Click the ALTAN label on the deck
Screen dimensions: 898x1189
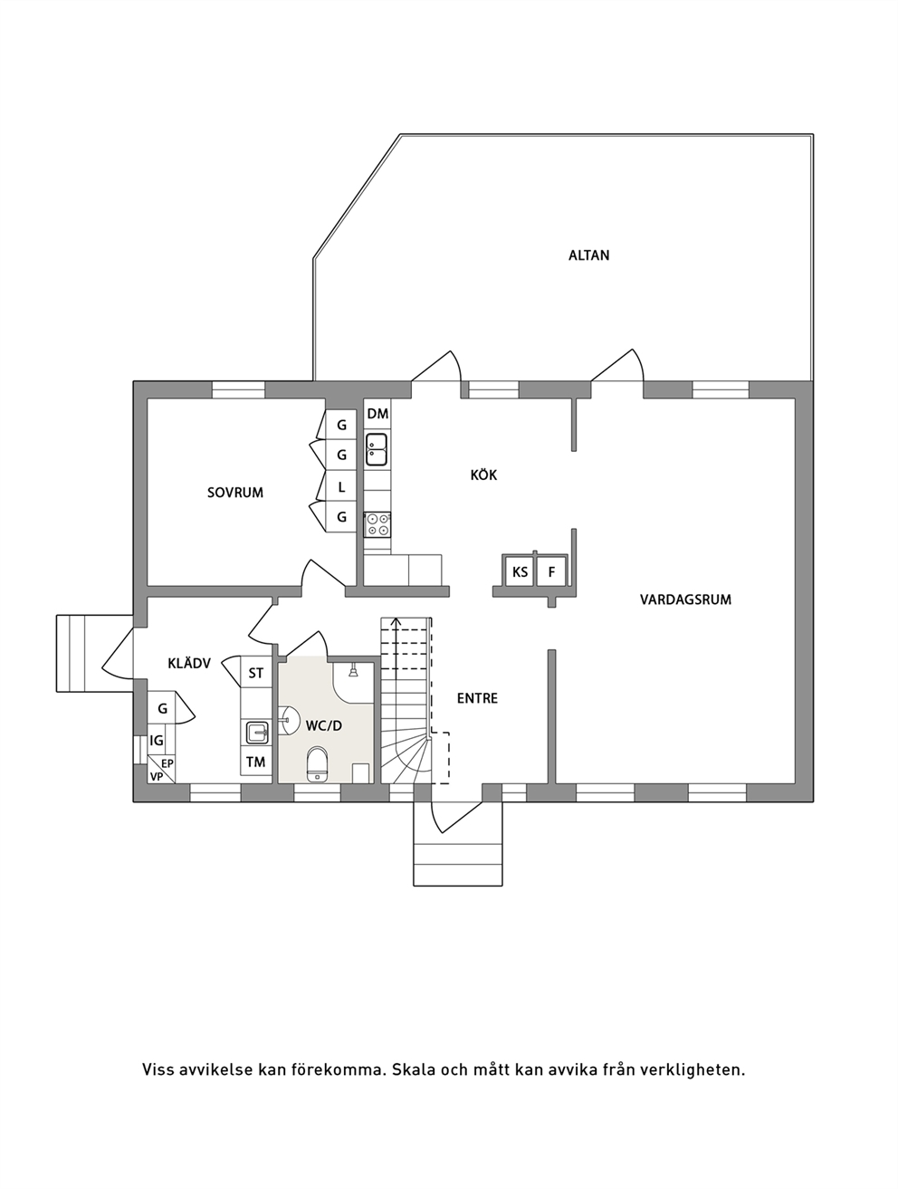tap(588, 255)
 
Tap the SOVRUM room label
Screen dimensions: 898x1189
tap(235, 493)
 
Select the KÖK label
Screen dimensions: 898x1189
tap(483, 475)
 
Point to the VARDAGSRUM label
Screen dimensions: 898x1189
tap(685, 599)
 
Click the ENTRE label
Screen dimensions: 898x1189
tap(477, 698)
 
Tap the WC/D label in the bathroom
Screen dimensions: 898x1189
tap(324, 726)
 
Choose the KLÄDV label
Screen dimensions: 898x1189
tap(189, 663)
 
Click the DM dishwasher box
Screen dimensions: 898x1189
tap(377, 414)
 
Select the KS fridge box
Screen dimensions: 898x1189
tap(520, 571)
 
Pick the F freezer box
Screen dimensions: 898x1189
tap(551, 571)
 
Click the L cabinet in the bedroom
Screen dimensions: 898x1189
tap(341, 487)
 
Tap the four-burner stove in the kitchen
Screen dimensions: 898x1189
tap(377, 524)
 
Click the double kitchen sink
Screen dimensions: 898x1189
tap(377, 449)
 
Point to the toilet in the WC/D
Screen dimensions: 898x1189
tap(317, 763)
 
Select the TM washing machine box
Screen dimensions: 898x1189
tap(255, 762)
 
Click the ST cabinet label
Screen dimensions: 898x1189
tap(255, 674)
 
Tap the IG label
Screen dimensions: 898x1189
tap(157, 740)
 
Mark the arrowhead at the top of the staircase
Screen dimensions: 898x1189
tap(396, 622)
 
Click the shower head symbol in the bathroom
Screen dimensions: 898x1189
tap(353, 672)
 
